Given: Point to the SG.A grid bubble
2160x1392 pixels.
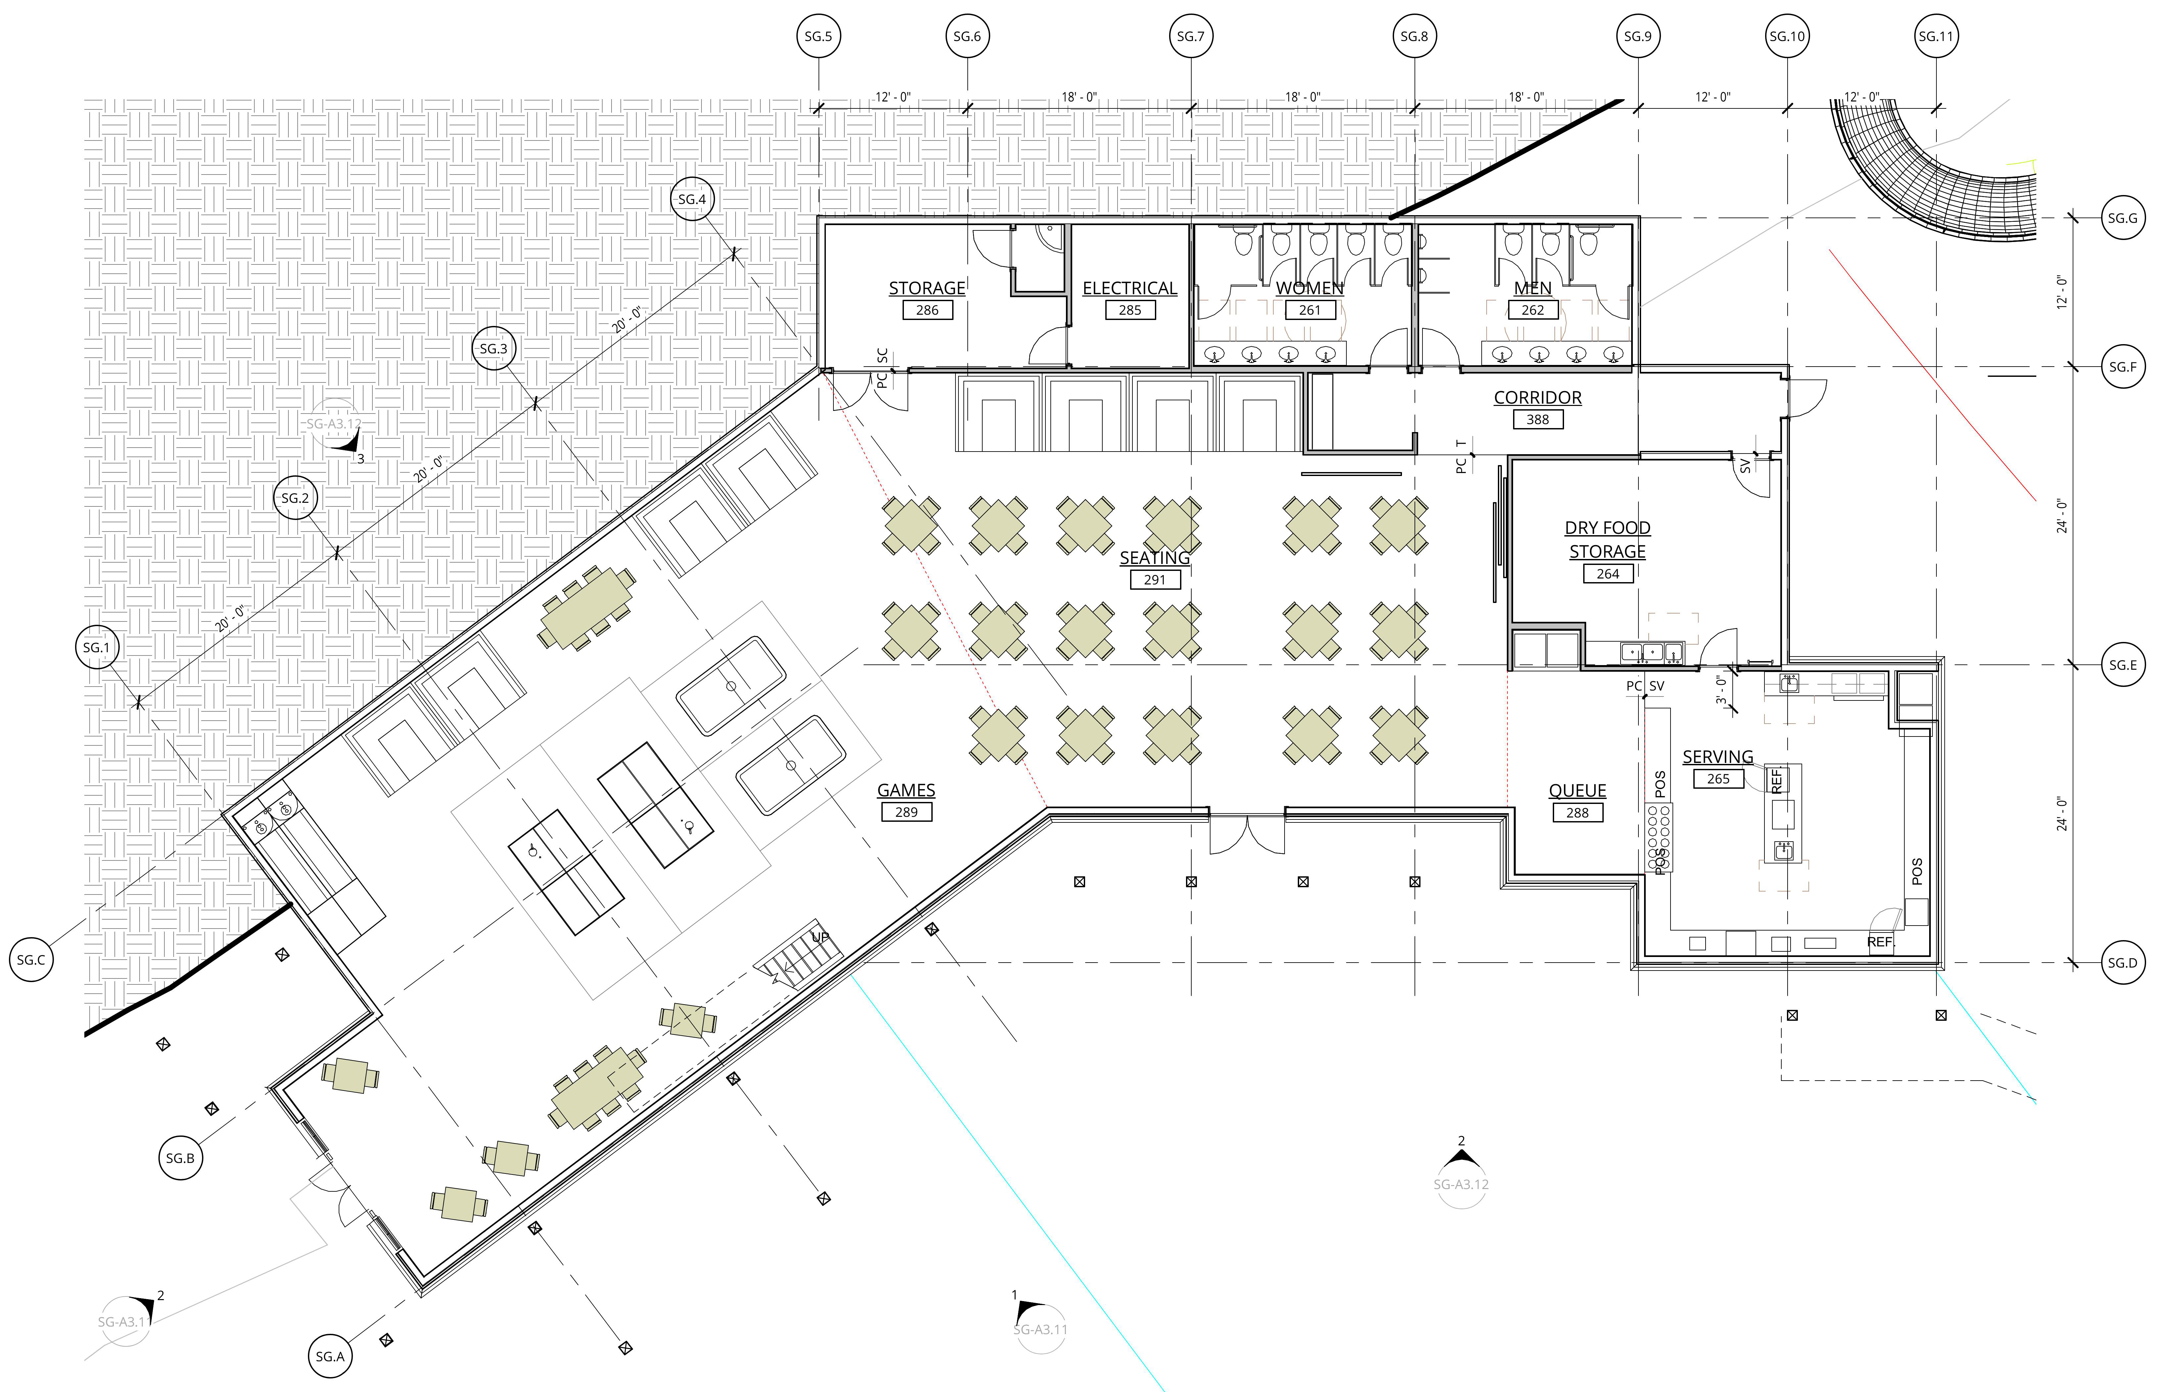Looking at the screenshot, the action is pyautogui.click(x=330, y=1356).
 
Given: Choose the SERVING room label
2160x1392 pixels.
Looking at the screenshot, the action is pyautogui.click(x=1718, y=757).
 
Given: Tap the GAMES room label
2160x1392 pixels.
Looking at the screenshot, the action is pyautogui.click(x=906, y=790).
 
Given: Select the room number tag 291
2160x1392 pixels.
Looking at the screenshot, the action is pyautogui.click(x=1155, y=579).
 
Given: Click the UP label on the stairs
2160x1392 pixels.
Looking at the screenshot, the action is pyautogui.click(x=820, y=936).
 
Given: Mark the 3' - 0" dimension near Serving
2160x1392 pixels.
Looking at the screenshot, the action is pyautogui.click(x=1721, y=690).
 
